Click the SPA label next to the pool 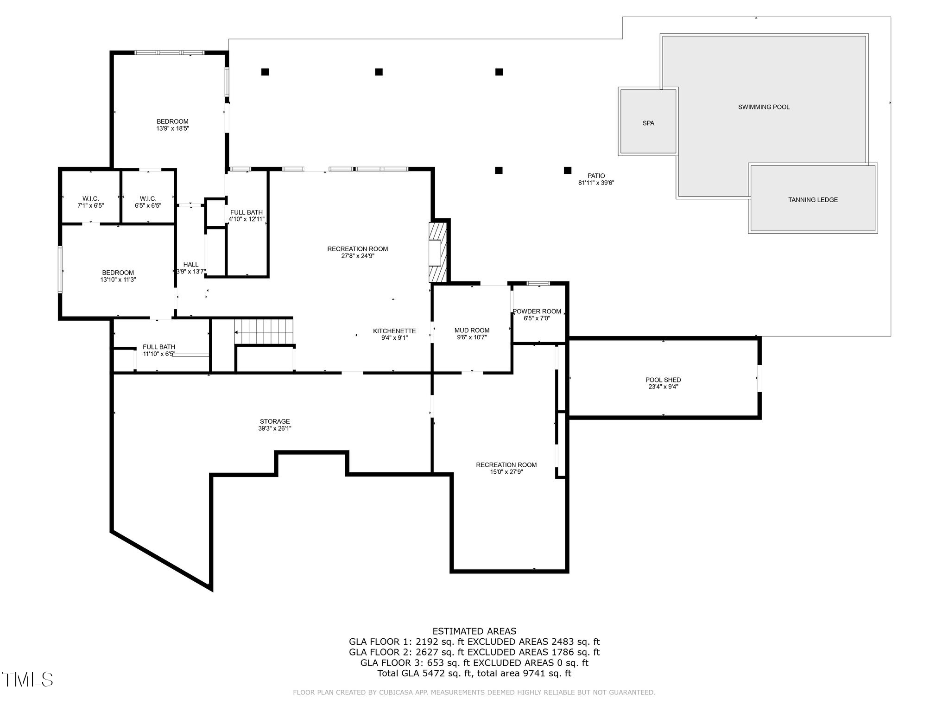(648, 123)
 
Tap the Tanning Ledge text (813, 200)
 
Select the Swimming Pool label (764, 107)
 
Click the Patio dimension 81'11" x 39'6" (596, 183)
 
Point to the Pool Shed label (663, 380)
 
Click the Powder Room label (537, 311)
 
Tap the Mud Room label (472, 331)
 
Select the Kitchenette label (394, 331)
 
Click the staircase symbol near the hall (264, 331)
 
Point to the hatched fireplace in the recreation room (437, 253)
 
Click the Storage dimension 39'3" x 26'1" (275, 429)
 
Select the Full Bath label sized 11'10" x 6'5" (159, 347)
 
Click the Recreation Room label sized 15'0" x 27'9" (506, 465)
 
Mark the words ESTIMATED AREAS (474, 631)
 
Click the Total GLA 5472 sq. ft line (474, 673)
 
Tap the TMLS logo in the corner (28, 680)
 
